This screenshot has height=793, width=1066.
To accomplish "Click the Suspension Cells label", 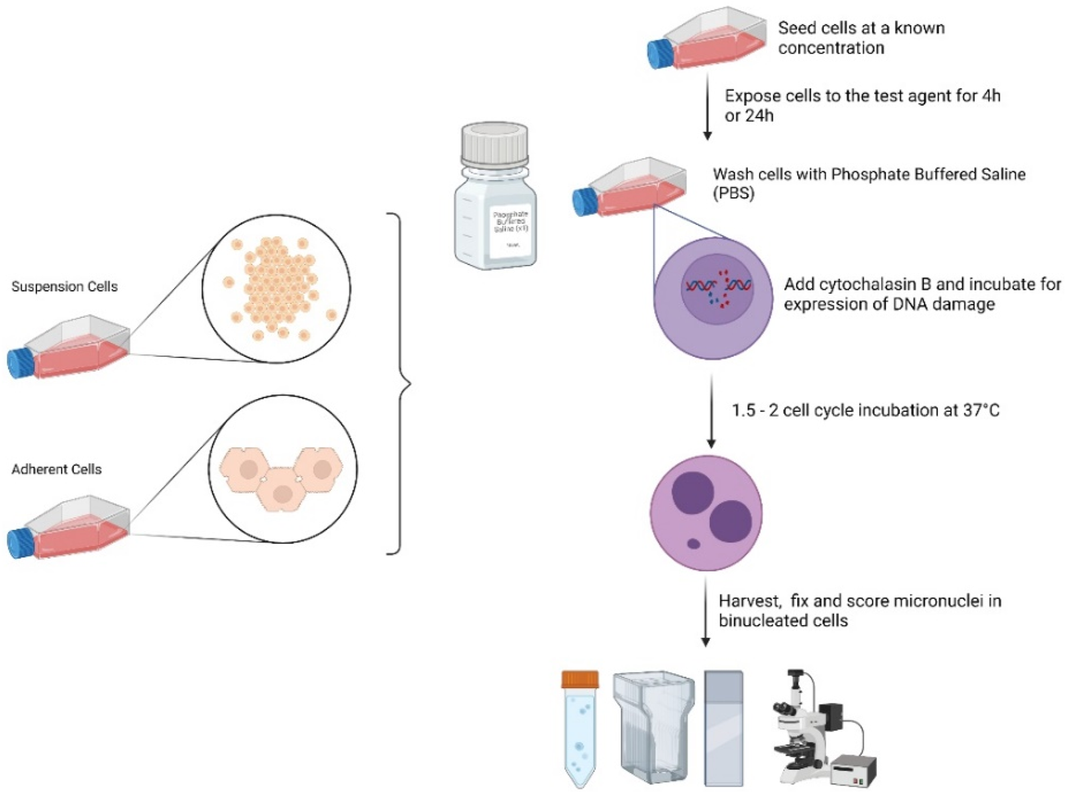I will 64,286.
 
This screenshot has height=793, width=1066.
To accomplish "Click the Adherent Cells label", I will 56,469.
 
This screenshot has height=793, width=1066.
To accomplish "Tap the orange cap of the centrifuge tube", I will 580,680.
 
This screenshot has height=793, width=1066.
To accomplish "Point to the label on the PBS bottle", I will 510,228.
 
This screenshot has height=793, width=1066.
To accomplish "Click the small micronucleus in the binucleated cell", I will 693,543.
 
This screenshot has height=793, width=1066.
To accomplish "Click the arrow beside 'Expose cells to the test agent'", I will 706,107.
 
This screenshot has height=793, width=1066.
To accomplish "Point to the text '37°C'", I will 981,410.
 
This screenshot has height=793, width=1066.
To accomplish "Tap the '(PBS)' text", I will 733,194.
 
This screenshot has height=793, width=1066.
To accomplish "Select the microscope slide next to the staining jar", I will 723,728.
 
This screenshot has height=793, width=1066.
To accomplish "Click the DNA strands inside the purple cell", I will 718,287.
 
